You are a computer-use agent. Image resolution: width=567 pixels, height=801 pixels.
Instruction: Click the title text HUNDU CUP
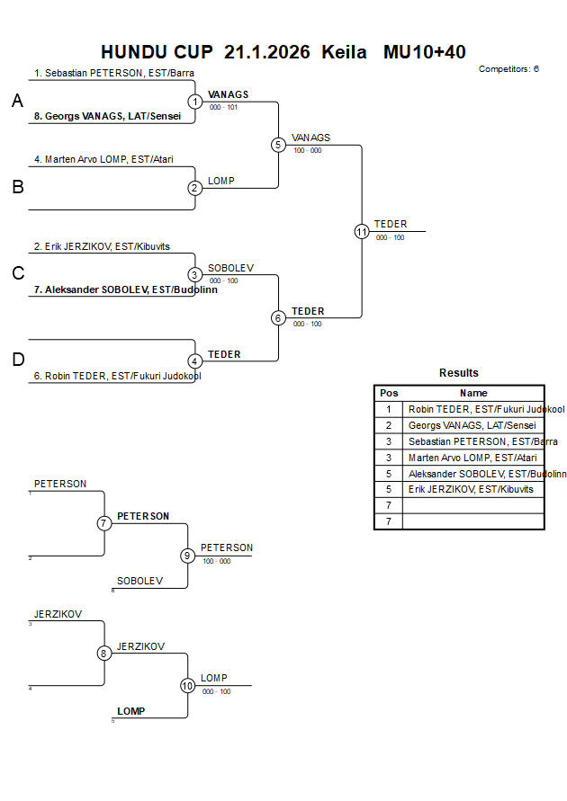pyautogui.click(x=157, y=52)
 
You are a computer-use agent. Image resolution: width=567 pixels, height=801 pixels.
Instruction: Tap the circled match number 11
pyautogui.click(x=362, y=231)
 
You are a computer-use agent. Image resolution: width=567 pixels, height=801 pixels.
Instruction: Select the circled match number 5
pyautogui.click(x=278, y=145)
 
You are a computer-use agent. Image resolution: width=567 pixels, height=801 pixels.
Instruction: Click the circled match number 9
pyautogui.click(x=187, y=556)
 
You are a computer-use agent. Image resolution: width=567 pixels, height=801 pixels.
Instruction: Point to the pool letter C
pyautogui.click(x=17, y=274)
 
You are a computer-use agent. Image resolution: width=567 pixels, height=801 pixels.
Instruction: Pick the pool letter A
pyautogui.click(x=17, y=102)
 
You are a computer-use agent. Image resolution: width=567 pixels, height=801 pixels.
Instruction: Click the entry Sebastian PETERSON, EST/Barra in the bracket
pyautogui.click(x=114, y=73)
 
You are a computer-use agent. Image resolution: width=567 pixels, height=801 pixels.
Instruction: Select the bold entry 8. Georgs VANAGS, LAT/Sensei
pyautogui.click(x=107, y=116)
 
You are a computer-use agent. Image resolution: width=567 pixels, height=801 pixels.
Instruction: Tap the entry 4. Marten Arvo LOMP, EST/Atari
pyautogui.click(x=103, y=159)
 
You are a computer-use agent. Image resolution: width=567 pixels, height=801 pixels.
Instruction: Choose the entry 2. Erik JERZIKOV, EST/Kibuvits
pyautogui.click(x=102, y=245)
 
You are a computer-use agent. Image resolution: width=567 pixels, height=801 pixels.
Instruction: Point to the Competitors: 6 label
pyautogui.click(x=508, y=68)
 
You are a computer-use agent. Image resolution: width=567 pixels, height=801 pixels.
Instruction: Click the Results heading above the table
pyautogui.click(x=459, y=373)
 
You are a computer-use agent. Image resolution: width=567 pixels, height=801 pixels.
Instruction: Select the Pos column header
pyautogui.click(x=389, y=393)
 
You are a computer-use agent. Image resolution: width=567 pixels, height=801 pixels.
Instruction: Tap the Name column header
pyautogui.click(x=473, y=393)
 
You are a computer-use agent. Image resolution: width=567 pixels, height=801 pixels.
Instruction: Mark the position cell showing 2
pyautogui.click(x=389, y=425)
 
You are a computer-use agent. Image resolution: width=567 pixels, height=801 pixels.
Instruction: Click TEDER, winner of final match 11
pyautogui.click(x=391, y=224)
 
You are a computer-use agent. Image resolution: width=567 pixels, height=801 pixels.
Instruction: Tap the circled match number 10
pyautogui.click(x=187, y=685)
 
